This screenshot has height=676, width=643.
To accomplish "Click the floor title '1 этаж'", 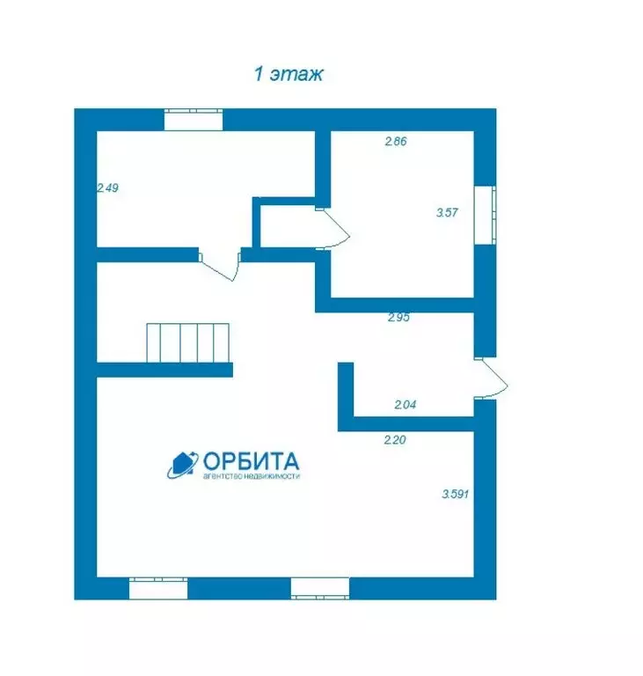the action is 288,74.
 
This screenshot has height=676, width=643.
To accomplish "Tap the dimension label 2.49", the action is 107,188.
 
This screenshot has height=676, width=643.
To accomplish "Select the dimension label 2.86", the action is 396,141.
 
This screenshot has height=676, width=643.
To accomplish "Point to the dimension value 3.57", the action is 447,212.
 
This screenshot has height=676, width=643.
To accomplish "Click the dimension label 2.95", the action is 398,317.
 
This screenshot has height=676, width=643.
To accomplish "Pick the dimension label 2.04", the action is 406,404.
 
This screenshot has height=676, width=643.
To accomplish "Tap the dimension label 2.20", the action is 395,440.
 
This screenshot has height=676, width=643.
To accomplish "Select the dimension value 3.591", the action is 455,494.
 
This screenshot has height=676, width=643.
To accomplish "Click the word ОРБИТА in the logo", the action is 252,461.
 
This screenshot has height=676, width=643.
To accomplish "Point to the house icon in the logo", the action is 182,465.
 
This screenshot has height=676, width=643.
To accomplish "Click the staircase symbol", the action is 188,343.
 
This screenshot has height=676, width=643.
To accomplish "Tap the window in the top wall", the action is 194,120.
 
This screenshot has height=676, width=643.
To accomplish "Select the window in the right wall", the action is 486,215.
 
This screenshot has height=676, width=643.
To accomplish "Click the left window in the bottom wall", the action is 158,588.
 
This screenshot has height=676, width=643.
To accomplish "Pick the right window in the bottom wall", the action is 320,589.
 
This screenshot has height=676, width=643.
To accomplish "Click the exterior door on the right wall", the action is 492,378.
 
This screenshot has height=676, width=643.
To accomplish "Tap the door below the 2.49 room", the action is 220,265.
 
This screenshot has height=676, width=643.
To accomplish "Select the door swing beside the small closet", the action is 332,229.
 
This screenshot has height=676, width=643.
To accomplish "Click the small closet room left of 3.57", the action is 288,226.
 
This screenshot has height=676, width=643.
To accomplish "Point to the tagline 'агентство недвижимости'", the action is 252,476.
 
